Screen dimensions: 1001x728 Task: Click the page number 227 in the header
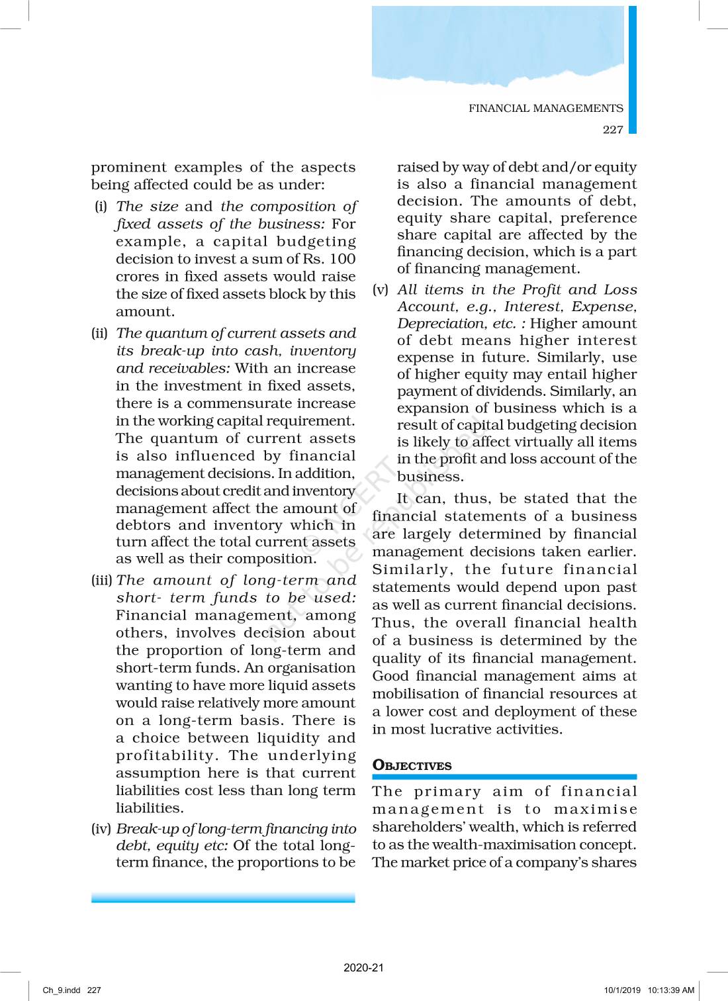pyautogui.click(x=613, y=130)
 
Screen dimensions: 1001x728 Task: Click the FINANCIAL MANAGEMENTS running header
pyautogui.click(x=545, y=109)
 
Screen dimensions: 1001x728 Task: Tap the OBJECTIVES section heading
pyautogui.click(x=412, y=765)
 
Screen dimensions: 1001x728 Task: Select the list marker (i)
pyautogui.click(x=101, y=207)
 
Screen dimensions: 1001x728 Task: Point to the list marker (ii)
pyautogui.click(x=99, y=333)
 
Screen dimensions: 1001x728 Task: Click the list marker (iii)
pyautogui.click(x=102, y=581)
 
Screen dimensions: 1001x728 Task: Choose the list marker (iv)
pyautogui.click(x=101, y=829)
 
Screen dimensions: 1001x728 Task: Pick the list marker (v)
pyautogui.click(x=380, y=289)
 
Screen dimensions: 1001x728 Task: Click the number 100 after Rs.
pyautogui.click(x=342, y=259)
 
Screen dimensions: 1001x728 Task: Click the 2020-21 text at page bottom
pyautogui.click(x=363, y=968)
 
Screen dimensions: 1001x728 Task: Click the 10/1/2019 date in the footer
pyautogui.click(x=622, y=990)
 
